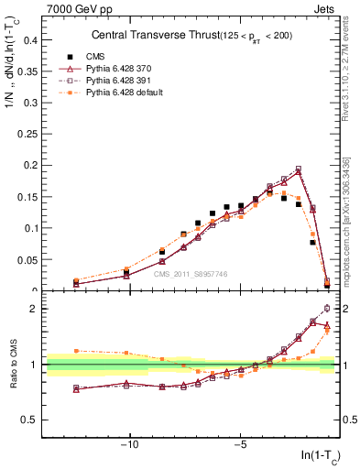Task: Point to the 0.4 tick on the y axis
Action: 30,40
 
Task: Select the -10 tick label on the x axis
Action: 130,444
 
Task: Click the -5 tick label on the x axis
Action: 240,444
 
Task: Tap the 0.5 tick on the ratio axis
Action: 30,420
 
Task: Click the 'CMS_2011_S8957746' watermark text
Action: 191,274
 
